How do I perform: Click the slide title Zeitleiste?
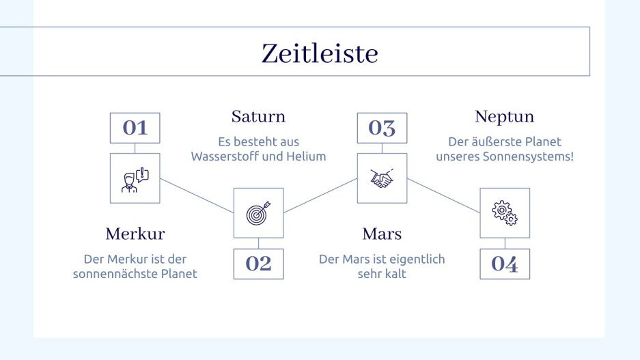[x=319, y=53]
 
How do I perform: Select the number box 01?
[x=135, y=128]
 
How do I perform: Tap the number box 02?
[x=258, y=264]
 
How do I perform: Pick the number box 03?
[x=382, y=128]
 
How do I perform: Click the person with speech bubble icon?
[x=135, y=178]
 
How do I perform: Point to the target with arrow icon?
[x=258, y=213]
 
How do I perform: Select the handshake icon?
[x=382, y=178]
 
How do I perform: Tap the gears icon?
[x=505, y=213]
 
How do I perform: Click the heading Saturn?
[x=258, y=116]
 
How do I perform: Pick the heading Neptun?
[x=504, y=117]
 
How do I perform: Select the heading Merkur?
[x=135, y=234]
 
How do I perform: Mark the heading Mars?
[x=382, y=234]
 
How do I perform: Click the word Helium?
[x=307, y=156]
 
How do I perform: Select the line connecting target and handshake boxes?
[x=320, y=195]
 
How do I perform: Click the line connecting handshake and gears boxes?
[x=443, y=195]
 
